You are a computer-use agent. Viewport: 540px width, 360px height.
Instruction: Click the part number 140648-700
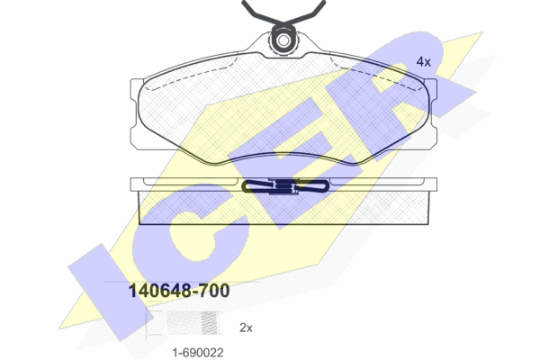179,291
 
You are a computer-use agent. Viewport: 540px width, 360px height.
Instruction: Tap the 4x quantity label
424,62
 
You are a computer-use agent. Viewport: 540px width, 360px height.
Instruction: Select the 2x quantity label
246,328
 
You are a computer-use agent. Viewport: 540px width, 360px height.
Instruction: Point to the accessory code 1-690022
198,353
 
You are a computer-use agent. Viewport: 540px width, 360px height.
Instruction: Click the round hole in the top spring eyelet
283,40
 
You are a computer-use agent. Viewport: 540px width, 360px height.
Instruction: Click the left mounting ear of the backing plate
137,114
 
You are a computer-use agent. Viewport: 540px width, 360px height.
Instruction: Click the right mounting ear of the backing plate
431,114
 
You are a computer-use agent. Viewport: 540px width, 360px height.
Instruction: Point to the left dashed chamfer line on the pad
193,76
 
